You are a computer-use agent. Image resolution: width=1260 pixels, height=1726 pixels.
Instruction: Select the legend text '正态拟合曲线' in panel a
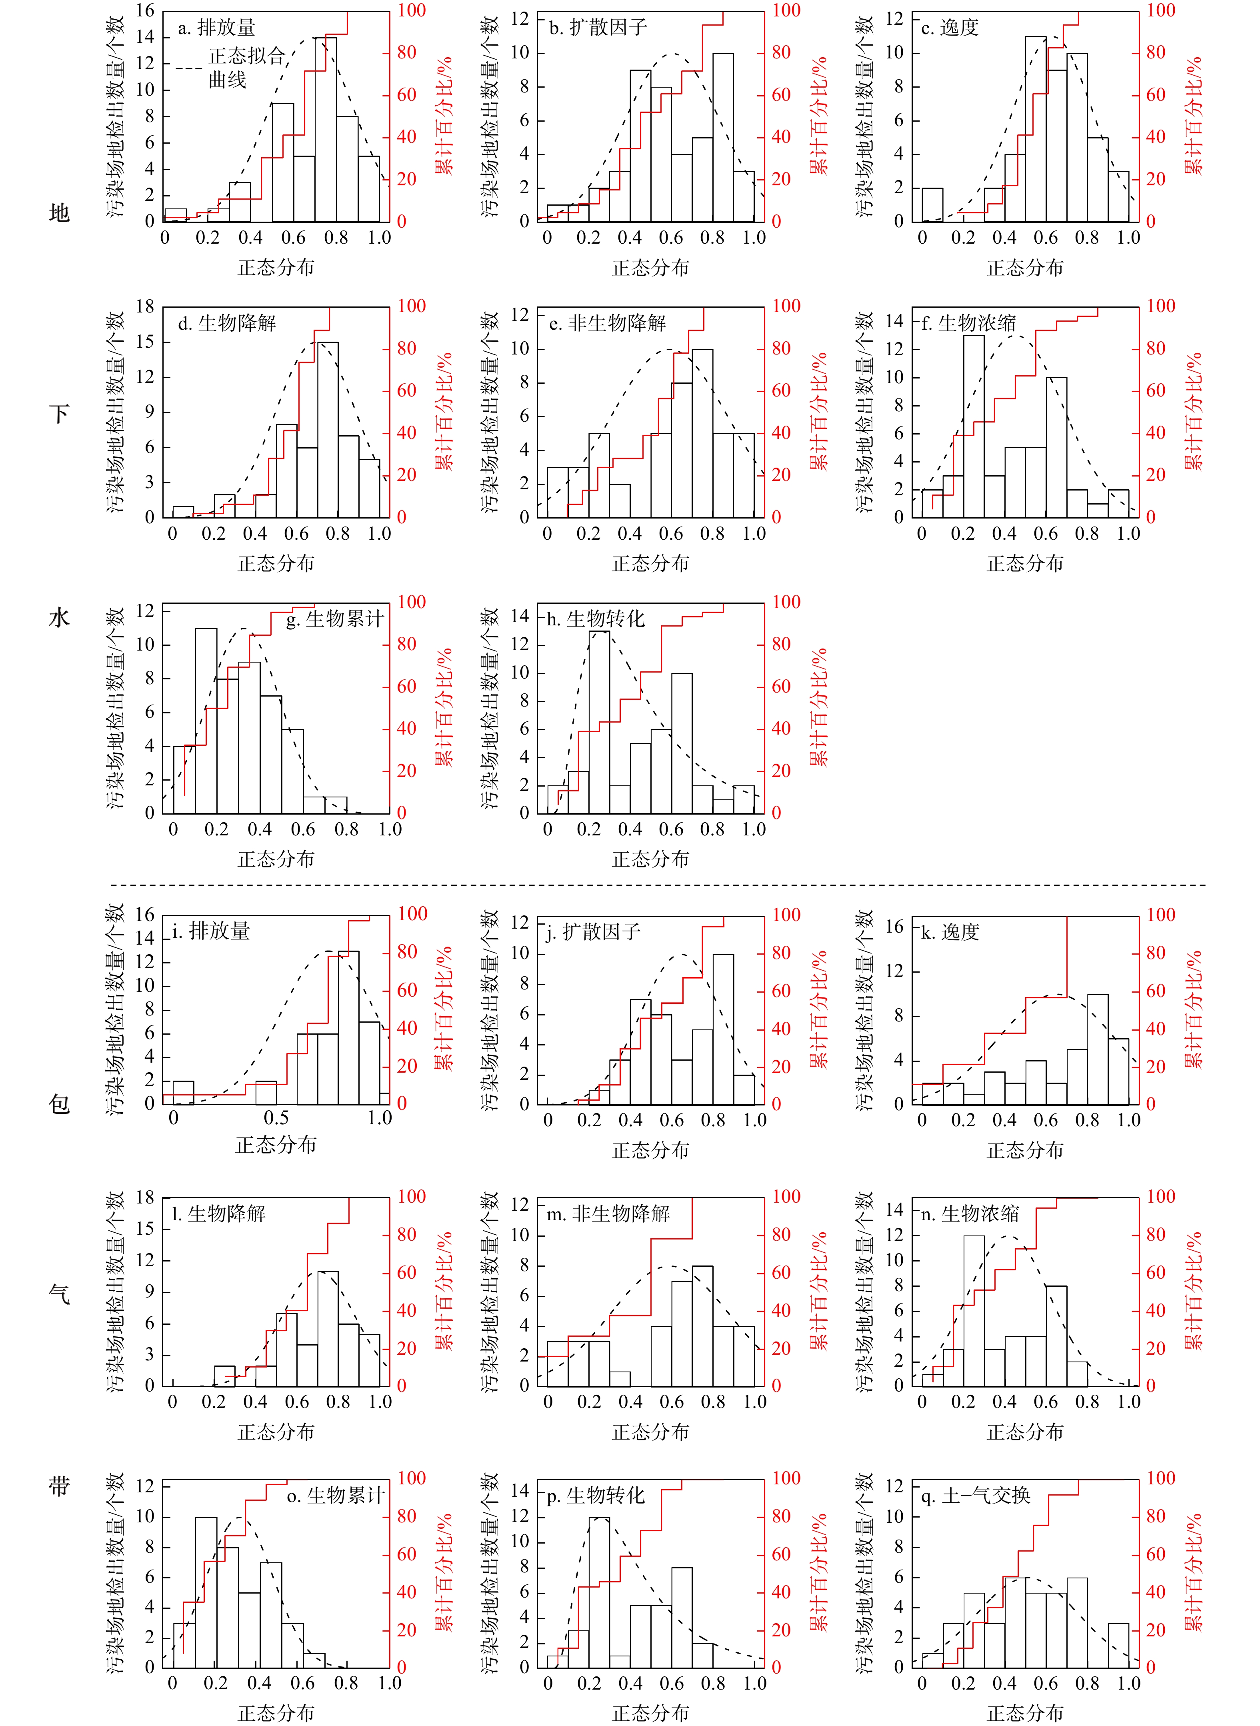(x=246, y=67)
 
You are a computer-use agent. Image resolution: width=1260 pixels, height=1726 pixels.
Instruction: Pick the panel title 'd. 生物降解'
(x=226, y=323)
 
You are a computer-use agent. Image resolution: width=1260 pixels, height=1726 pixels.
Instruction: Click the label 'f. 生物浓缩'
(x=969, y=323)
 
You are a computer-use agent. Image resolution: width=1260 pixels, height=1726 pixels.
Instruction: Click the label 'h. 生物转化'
(x=596, y=619)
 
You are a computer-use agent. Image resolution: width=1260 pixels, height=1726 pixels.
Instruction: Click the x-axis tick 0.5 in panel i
(x=276, y=1118)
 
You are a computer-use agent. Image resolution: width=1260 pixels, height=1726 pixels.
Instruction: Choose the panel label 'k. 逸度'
(x=950, y=932)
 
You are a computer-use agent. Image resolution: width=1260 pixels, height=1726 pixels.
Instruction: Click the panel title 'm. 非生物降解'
(x=609, y=1213)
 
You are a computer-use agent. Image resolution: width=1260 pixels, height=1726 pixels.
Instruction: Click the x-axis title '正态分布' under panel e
(x=650, y=564)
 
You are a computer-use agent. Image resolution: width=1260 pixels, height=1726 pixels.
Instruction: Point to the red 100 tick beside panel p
(x=786, y=1478)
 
